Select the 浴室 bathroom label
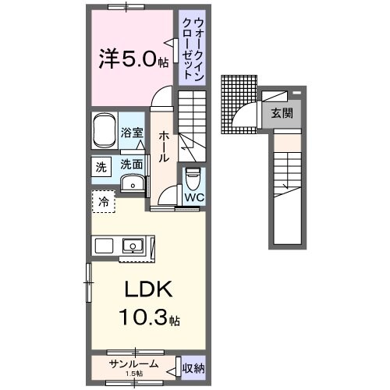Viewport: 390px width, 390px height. click(x=133, y=133)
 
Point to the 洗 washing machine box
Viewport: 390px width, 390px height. click(x=101, y=165)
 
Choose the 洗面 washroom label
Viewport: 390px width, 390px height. click(x=131, y=165)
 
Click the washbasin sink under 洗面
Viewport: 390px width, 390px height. click(x=134, y=184)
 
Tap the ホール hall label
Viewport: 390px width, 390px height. click(x=164, y=146)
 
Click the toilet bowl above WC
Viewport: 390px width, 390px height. click(x=193, y=179)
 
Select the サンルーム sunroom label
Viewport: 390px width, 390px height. click(x=134, y=363)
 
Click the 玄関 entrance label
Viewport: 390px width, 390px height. click(x=282, y=113)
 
